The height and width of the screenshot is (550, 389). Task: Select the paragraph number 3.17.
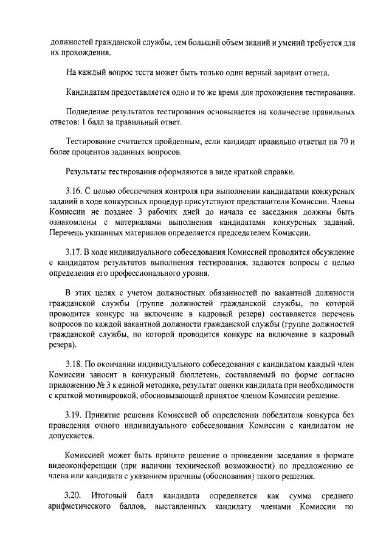pyautogui.click(x=74, y=252)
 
